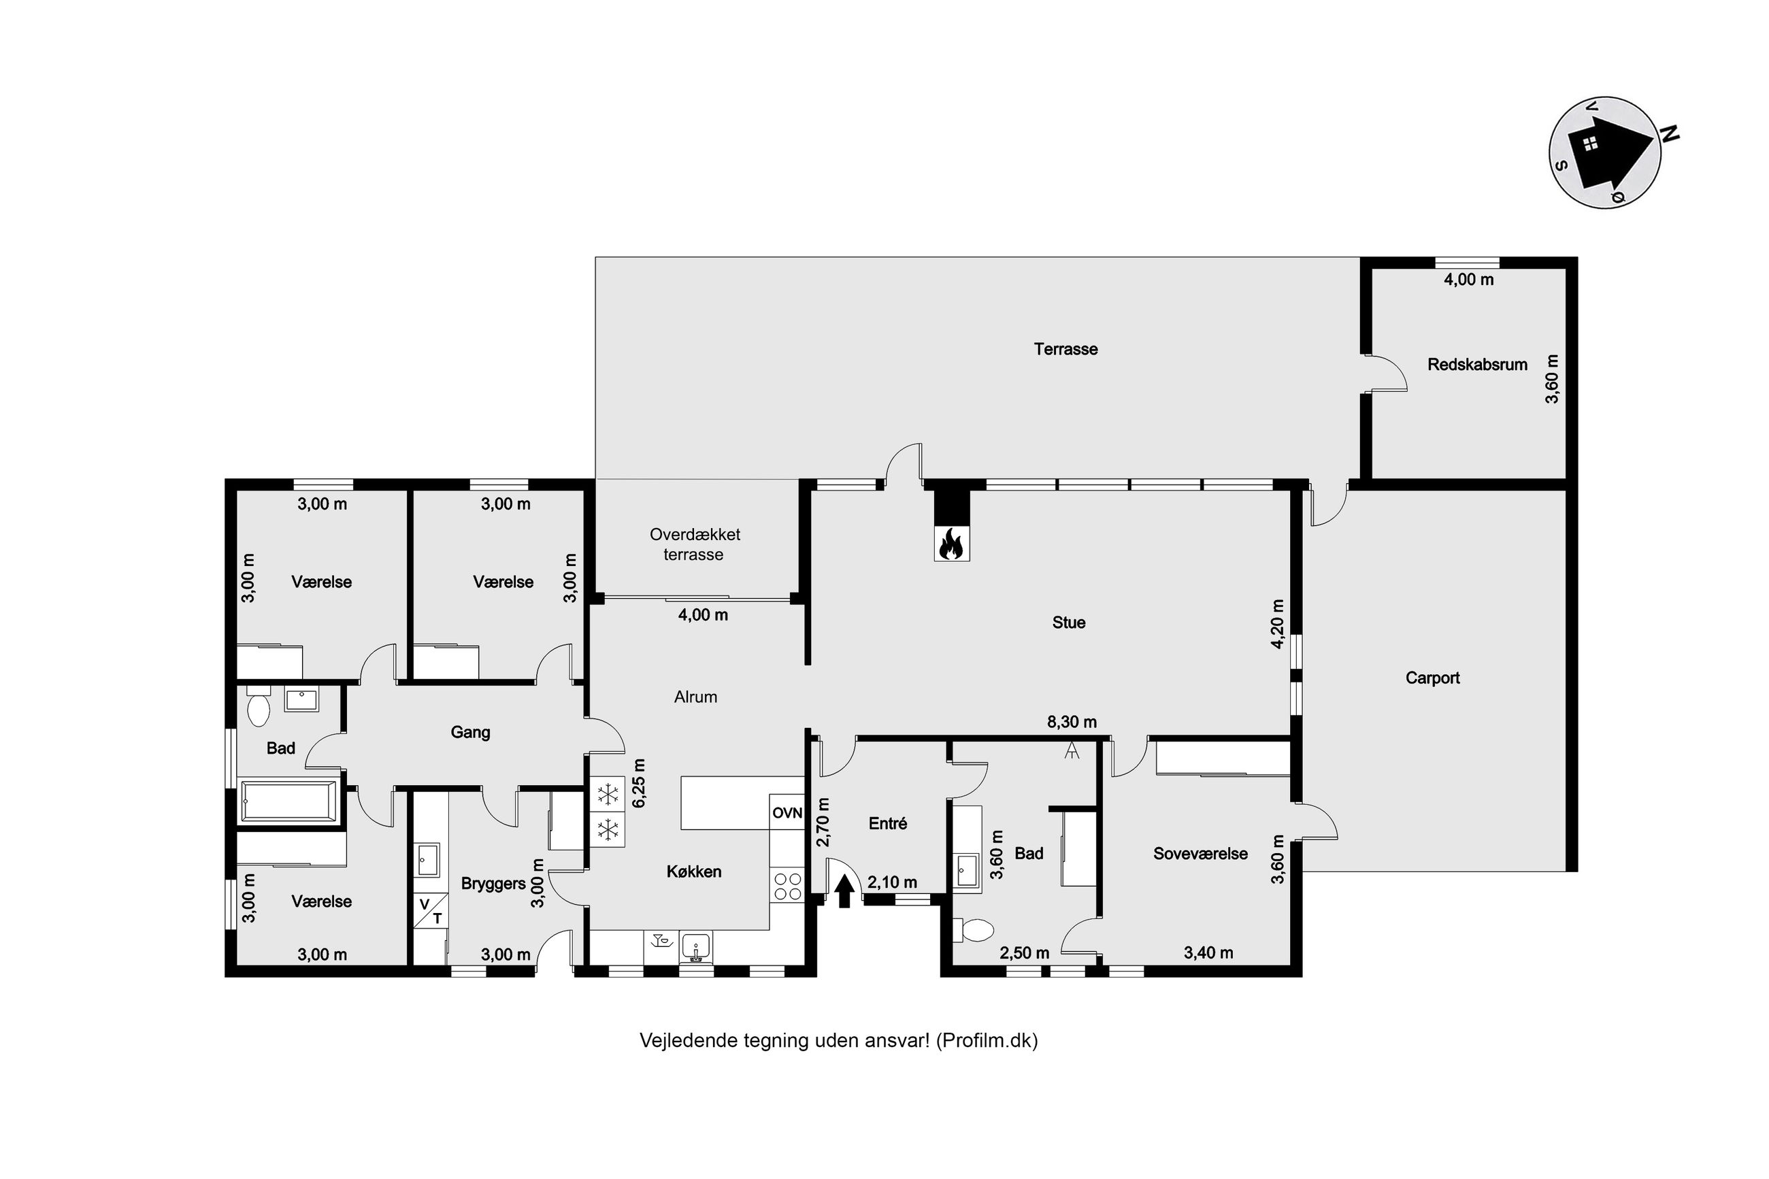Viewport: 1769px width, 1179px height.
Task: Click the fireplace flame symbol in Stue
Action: [x=951, y=544]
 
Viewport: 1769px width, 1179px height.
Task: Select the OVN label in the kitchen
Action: [x=787, y=813]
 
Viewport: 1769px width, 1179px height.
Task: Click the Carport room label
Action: [x=1432, y=678]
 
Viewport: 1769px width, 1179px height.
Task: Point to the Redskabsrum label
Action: [x=1477, y=365]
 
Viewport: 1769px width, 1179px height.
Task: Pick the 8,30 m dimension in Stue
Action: [x=1072, y=722]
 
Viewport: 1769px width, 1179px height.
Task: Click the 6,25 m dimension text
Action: [x=639, y=783]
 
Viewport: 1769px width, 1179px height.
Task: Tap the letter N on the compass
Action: [x=1669, y=135]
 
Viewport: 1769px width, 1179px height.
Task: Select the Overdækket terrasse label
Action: [x=695, y=544]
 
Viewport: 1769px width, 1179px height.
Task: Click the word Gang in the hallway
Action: [x=470, y=732]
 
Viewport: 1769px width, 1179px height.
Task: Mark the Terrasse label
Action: [x=1065, y=349]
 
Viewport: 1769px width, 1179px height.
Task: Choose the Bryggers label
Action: [x=493, y=884]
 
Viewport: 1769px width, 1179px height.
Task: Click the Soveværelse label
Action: [x=1200, y=853]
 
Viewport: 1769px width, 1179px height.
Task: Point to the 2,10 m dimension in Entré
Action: [x=893, y=882]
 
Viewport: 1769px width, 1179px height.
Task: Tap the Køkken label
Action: [x=694, y=871]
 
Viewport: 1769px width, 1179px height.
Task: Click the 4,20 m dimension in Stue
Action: [x=1276, y=623]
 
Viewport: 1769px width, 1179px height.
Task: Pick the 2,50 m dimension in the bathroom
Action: [x=1024, y=952]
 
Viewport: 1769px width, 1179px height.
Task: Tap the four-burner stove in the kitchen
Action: [x=787, y=885]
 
